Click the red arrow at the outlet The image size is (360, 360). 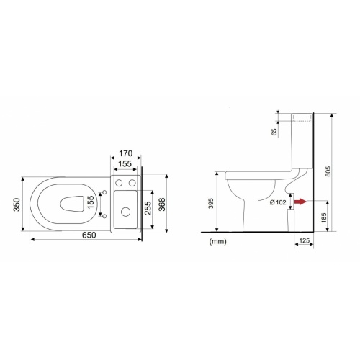click(x=301, y=202)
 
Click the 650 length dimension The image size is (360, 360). click(x=89, y=235)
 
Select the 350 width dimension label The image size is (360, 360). click(x=17, y=204)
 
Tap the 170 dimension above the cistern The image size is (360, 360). click(x=126, y=153)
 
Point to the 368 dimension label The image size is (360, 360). click(x=162, y=204)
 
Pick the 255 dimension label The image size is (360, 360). click(x=148, y=208)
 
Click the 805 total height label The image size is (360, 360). click(x=328, y=171)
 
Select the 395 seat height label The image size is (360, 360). click(x=211, y=203)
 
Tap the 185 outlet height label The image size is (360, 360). click(x=324, y=217)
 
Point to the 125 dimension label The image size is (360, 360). click(x=305, y=240)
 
